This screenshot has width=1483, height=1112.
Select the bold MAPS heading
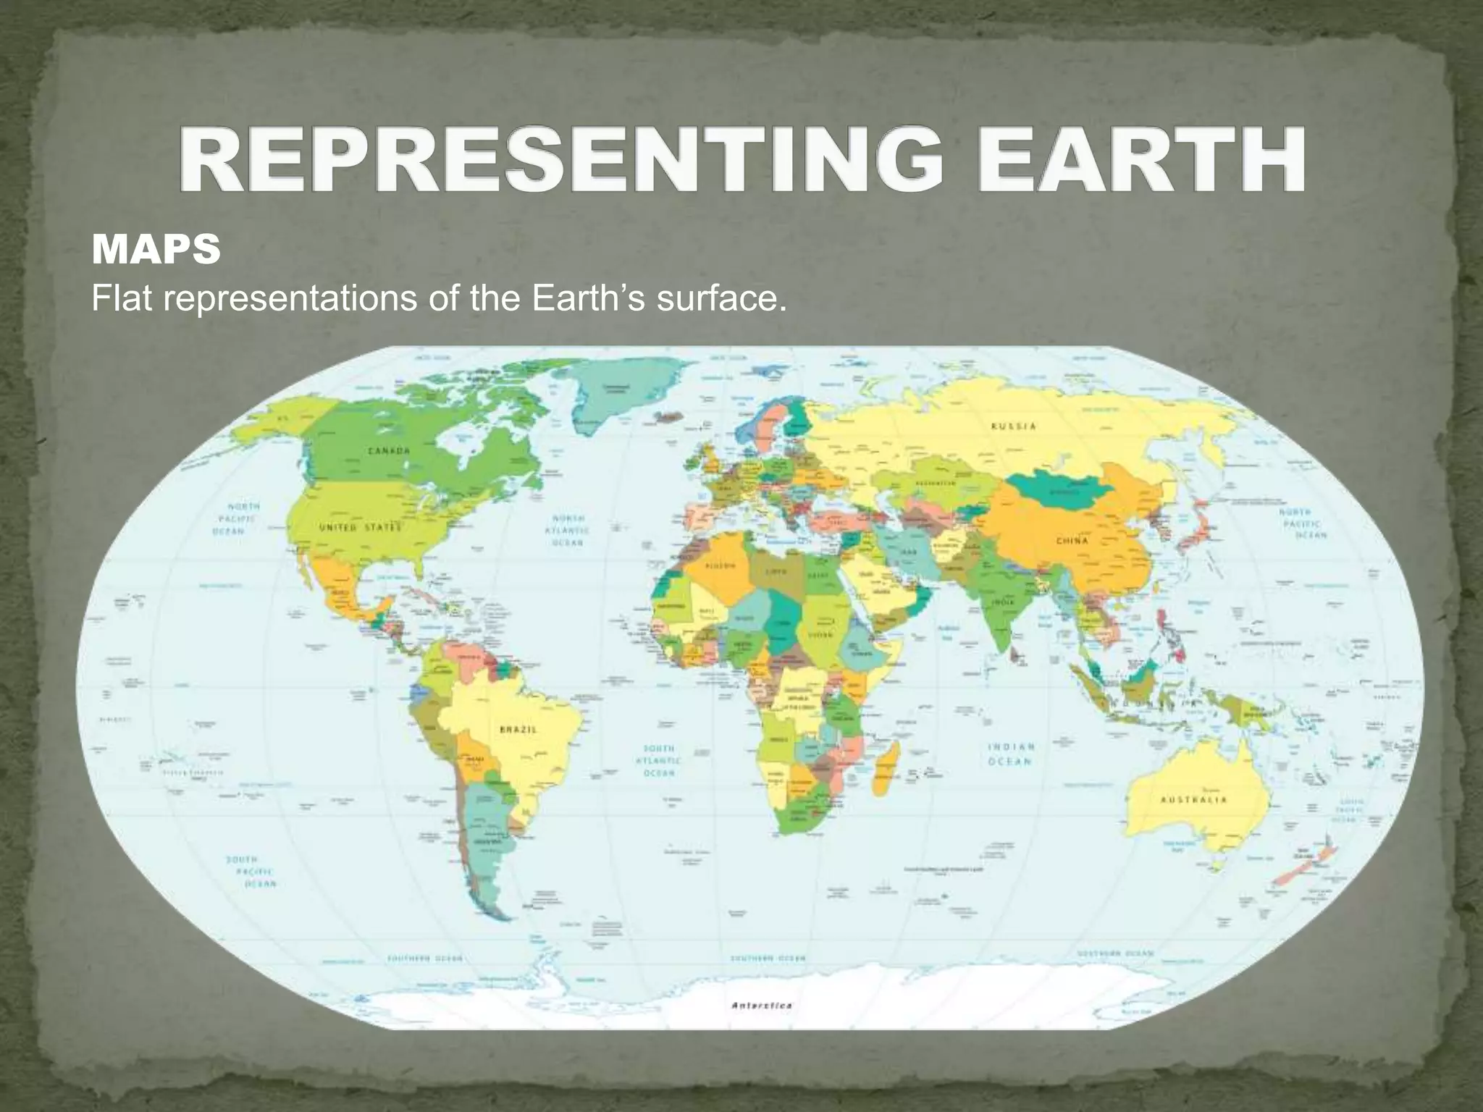(156, 250)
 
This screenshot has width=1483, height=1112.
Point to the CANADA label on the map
(390, 450)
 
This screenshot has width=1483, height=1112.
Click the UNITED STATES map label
(360, 528)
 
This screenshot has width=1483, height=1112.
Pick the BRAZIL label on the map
(518, 730)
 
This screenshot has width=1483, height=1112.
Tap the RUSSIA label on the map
(1013, 426)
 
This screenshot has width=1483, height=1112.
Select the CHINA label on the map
(1072, 541)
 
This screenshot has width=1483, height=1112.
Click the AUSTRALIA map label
(1193, 800)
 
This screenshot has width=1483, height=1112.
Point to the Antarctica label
(762, 1005)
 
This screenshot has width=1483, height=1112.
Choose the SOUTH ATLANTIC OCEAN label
(659, 760)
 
